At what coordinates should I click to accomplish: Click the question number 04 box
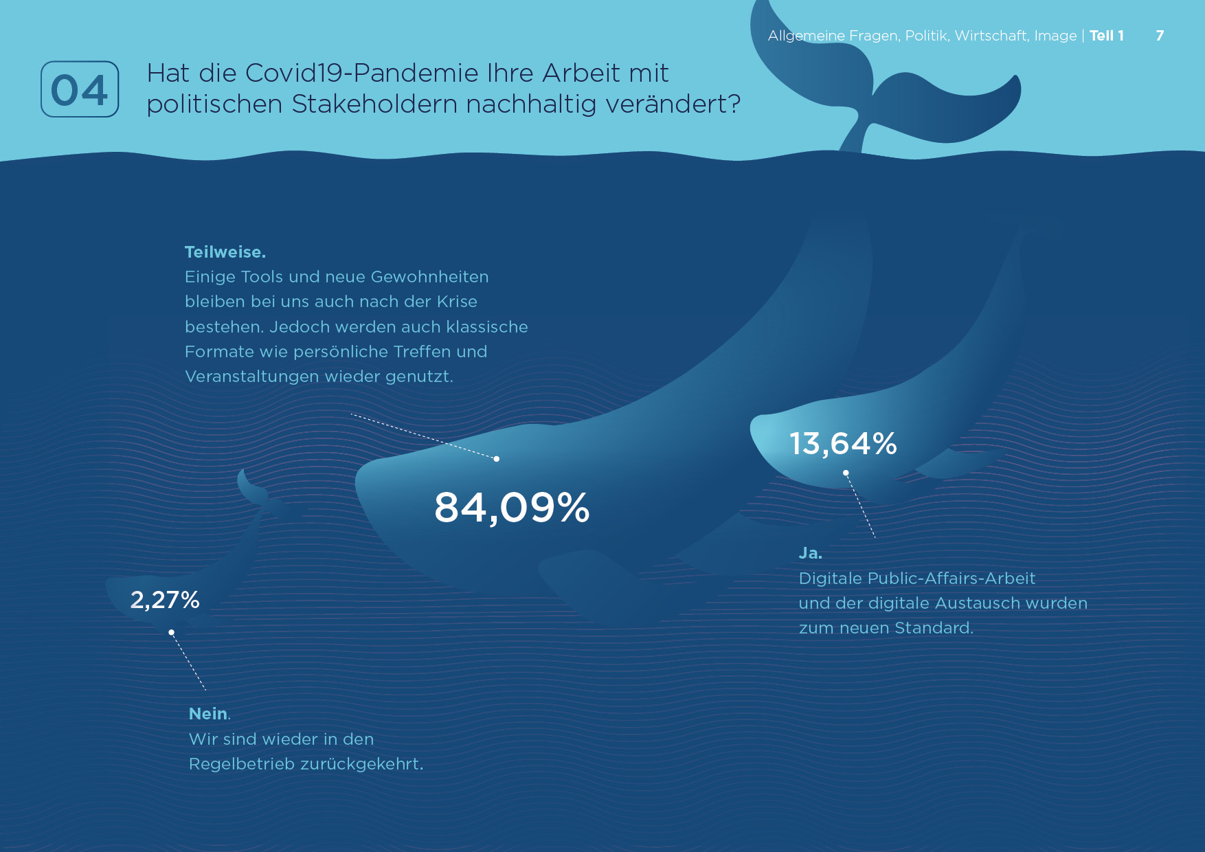pos(80,89)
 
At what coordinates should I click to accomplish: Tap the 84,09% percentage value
pos(512,508)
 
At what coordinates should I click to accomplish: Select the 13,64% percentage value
pos(843,443)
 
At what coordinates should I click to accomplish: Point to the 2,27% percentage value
pos(165,600)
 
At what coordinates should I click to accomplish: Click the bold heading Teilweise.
pos(225,252)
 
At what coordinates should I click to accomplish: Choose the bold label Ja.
pos(811,553)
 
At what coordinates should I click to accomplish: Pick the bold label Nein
pos(209,714)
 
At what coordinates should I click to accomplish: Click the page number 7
pos(1160,36)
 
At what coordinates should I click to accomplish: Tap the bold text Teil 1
pos(1107,36)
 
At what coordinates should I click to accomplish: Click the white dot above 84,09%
pos(497,459)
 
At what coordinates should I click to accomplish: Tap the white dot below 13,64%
pos(846,473)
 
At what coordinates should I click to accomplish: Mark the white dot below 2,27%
pos(172,632)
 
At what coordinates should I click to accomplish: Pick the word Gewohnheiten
pos(429,277)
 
